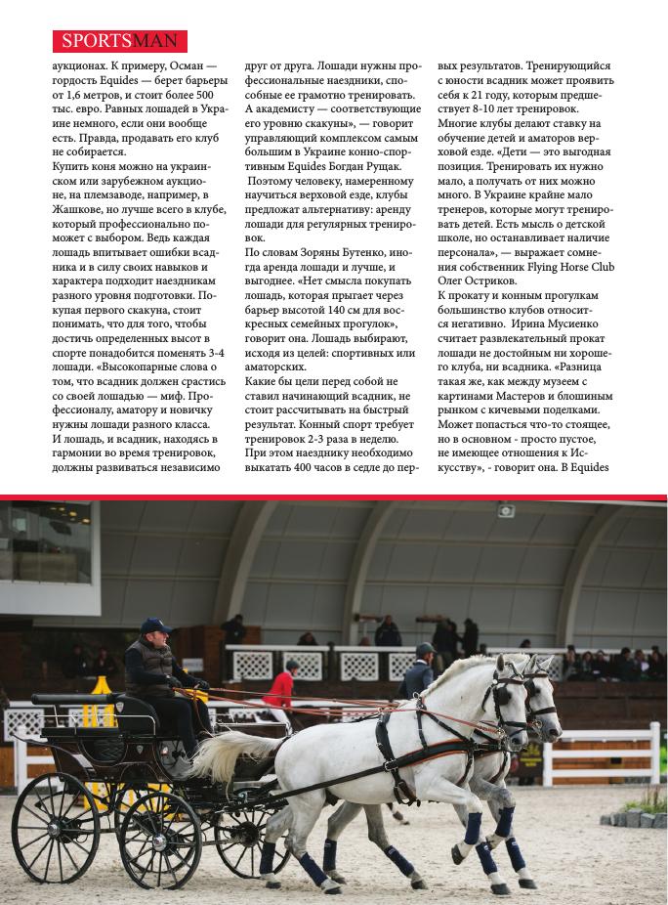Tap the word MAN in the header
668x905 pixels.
click(161, 41)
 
